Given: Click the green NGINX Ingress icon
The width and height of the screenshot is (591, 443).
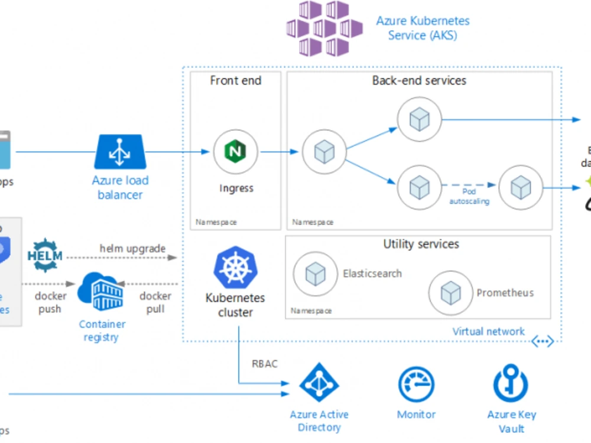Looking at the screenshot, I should [235, 152].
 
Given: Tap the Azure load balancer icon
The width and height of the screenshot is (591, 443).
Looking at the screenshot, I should [120, 152].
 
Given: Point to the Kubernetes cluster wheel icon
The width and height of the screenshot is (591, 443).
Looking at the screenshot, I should [235, 267].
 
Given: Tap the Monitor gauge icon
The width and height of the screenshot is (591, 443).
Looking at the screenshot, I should [416, 385].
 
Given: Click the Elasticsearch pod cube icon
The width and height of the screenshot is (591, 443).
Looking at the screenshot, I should [315, 273].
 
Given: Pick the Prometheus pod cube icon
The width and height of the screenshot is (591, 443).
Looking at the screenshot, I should [450, 293].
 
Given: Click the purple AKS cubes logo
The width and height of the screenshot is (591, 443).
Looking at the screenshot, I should [324, 28].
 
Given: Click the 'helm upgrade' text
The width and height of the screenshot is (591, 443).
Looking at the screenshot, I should [132, 249].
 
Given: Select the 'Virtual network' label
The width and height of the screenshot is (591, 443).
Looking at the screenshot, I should [488, 331].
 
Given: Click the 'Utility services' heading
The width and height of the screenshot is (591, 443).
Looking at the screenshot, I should [421, 244].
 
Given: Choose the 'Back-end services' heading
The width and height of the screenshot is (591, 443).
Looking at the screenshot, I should [419, 80].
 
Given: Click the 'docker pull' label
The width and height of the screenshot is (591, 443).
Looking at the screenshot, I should [155, 302].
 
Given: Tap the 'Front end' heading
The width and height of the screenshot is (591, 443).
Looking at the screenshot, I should [235, 80].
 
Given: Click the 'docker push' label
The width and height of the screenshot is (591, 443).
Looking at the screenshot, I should [50, 302].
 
